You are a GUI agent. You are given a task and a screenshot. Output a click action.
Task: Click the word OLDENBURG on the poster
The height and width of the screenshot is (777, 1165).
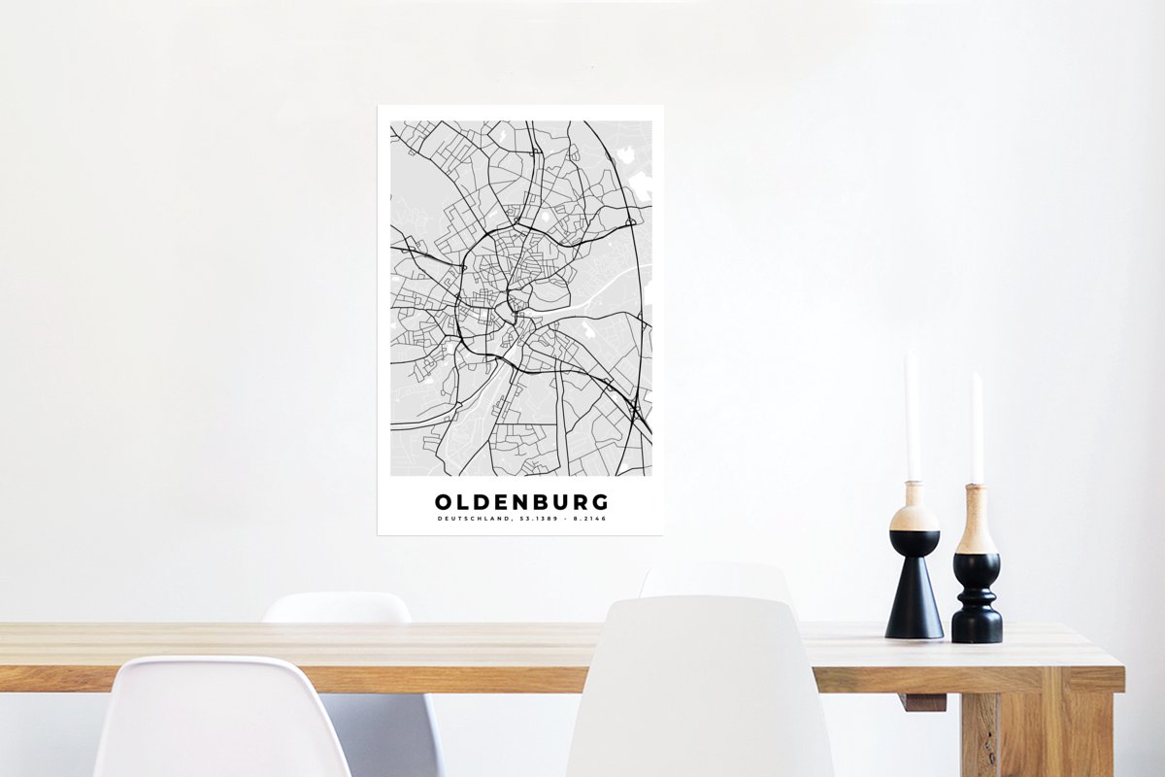click(521, 502)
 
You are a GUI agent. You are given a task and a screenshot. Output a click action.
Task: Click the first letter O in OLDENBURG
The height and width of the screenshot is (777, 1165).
click(443, 502)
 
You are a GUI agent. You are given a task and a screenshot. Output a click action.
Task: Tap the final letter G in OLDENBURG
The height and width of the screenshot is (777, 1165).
click(601, 502)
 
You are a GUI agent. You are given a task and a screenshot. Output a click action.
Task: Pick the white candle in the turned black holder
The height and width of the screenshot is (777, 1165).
click(977, 427)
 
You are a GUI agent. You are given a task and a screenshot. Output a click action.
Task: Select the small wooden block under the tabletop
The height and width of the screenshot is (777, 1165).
click(921, 701)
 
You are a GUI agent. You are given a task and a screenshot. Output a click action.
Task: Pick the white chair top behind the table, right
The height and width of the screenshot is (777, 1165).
click(716, 581)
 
